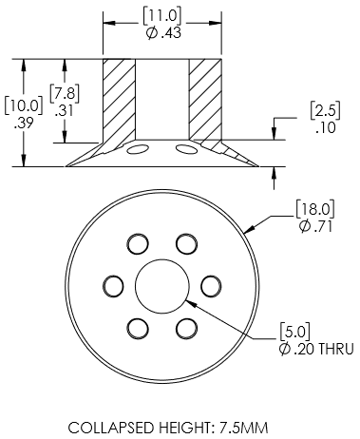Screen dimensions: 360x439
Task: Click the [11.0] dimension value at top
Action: tap(162, 16)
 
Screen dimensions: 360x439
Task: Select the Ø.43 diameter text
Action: tap(163, 33)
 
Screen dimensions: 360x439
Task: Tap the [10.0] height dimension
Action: tap(24, 106)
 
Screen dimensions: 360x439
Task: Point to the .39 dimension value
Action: tap(24, 123)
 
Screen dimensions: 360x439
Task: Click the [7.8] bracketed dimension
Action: tap(65, 94)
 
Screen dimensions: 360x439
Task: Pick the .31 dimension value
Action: tap(64, 111)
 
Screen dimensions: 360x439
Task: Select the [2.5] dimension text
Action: tap(325, 110)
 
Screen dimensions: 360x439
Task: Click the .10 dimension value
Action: tap(326, 127)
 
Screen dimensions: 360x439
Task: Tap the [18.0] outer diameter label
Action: tap(315, 209)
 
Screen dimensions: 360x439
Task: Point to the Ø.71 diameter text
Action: tap(315, 226)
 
